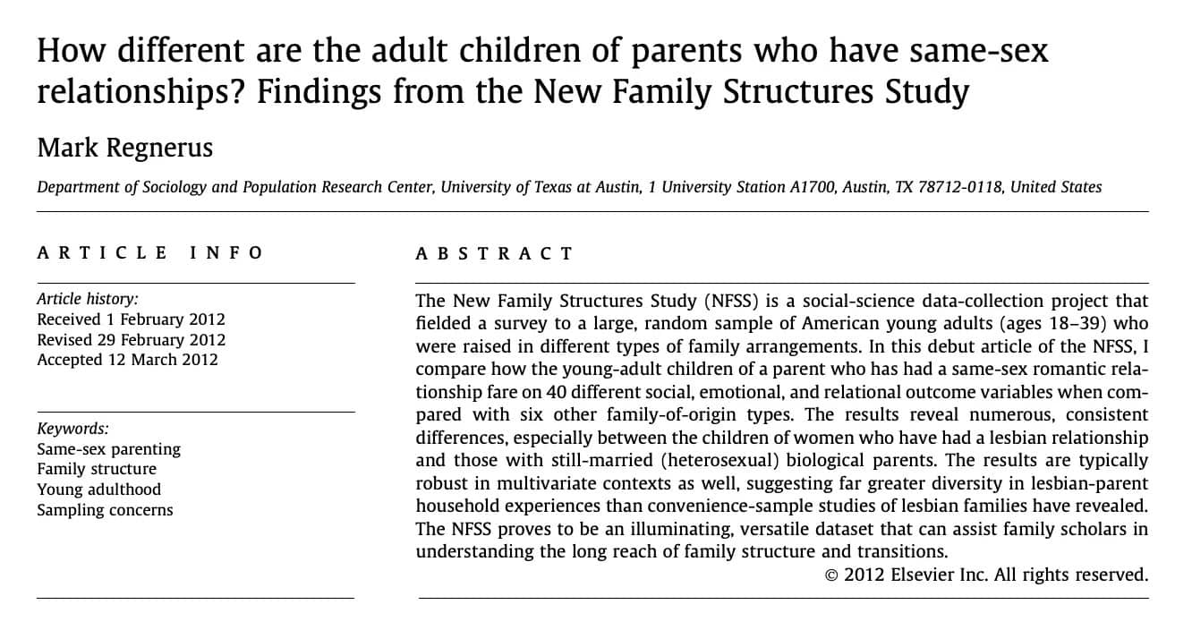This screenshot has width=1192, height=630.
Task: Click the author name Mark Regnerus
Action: pyautogui.click(x=124, y=147)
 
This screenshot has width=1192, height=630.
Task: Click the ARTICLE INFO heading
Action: pyautogui.click(x=149, y=253)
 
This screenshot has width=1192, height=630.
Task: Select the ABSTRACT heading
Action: pyautogui.click(x=493, y=254)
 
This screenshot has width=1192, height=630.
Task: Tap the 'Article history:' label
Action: pyautogui.click(x=88, y=299)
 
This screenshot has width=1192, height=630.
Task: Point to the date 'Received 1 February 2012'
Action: pyautogui.click(x=131, y=319)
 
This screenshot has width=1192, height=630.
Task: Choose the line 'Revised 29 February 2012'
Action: pyautogui.click(x=131, y=340)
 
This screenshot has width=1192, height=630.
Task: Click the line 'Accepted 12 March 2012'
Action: pyautogui.click(x=127, y=360)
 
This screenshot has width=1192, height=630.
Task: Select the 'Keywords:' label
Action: pyautogui.click(x=72, y=429)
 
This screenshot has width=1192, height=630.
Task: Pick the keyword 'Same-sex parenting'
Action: pyautogui.click(x=108, y=449)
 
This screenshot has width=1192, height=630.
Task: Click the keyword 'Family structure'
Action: pyautogui.click(x=97, y=469)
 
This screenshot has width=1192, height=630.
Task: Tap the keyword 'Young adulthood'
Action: pyautogui.click(x=98, y=490)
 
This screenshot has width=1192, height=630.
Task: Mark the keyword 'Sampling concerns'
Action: pyautogui.click(x=105, y=510)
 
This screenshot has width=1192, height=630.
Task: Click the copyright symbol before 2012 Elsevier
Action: pyautogui.click(x=831, y=575)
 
